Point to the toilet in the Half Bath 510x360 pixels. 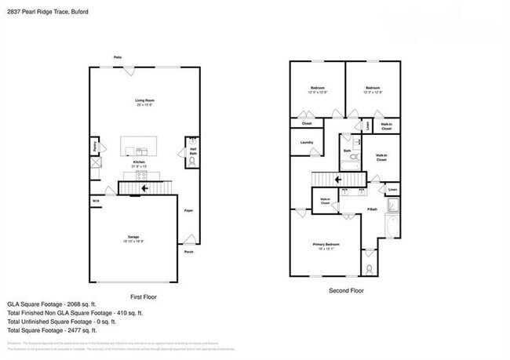[192, 163]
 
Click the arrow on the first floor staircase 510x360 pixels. [144, 188]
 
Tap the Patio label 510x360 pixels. [118, 57]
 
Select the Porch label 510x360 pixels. [188, 252]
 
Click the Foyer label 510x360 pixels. [188, 211]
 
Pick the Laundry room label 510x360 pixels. [307, 142]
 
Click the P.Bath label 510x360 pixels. [373, 209]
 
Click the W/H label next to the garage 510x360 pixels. [95, 202]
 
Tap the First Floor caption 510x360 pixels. [144, 296]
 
